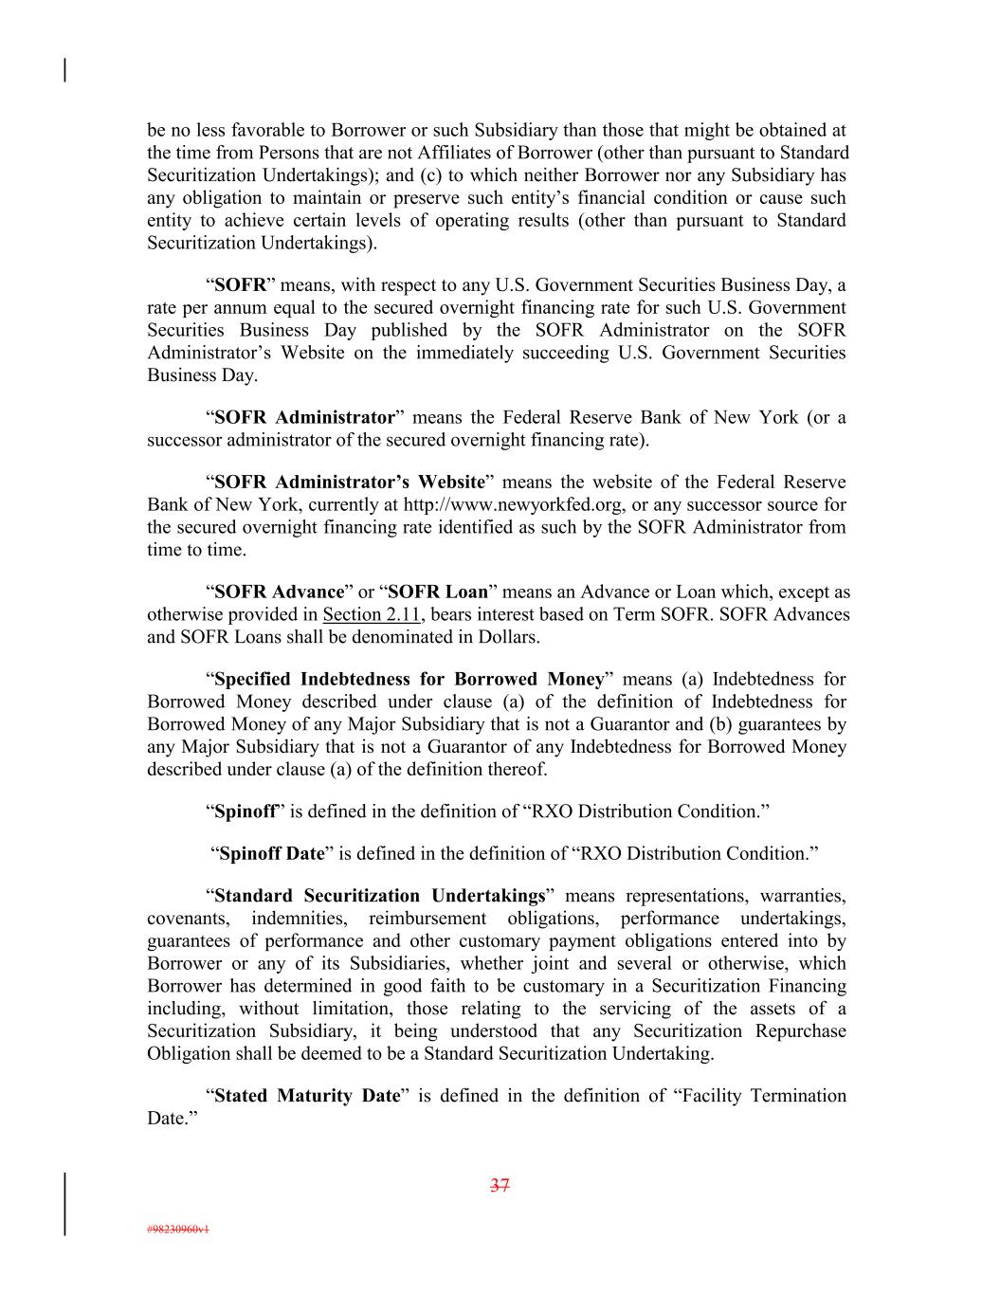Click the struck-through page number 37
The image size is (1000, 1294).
(500, 1185)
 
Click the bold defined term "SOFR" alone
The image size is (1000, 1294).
(241, 285)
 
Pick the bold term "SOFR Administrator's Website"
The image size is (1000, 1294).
(350, 483)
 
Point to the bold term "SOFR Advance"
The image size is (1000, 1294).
(280, 592)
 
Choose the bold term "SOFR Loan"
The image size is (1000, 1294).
(438, 592)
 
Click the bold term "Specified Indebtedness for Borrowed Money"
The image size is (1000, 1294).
(409, 680)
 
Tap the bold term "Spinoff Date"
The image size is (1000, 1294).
(272, 854)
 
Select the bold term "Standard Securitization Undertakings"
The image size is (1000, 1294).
(381, 896)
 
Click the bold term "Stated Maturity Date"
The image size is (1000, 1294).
(308, 1096)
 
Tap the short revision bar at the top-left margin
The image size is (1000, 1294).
(64, 70)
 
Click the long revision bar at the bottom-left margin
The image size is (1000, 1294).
(64, 1204)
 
